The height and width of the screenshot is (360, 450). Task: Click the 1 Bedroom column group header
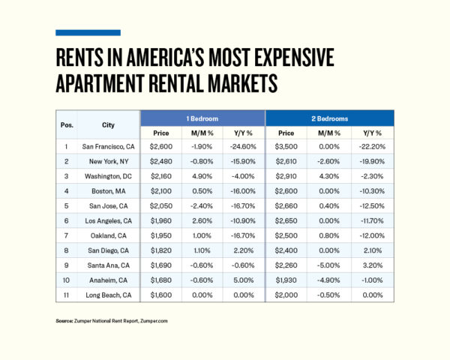202,118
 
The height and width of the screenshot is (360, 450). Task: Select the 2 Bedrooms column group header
330,118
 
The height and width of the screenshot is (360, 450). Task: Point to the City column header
108,125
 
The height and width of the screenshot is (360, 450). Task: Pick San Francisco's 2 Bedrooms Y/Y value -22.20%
370,147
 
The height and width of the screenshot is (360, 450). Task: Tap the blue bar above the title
88,32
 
